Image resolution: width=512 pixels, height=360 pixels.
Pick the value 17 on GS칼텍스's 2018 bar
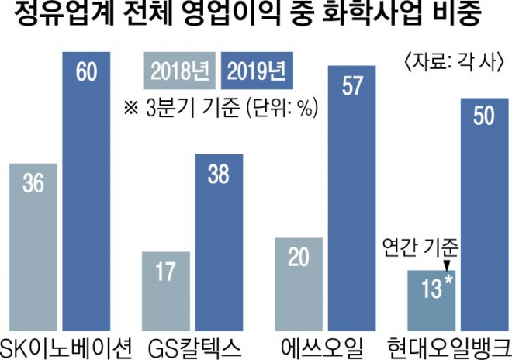pyautogui.click(x=166, y=274)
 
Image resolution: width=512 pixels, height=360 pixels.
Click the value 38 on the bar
pyautogui.click(x=219, y=175)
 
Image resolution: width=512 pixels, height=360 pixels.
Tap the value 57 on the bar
pyautogui.click(x=352, y=86)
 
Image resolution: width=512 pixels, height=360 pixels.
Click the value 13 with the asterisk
pyautogui.click(x=429, y=291)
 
